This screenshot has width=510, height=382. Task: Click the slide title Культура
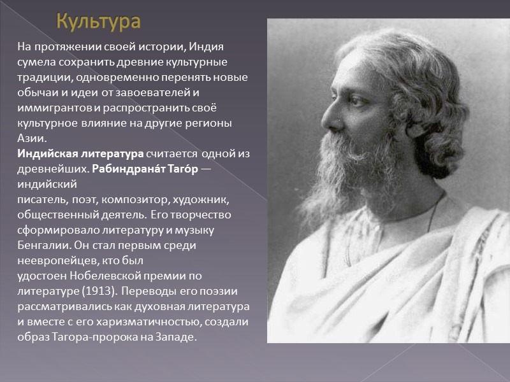(x=98, y=22)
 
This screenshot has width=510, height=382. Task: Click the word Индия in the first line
(x=205, y=48)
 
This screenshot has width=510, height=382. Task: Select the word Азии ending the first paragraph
(x=32, y=138)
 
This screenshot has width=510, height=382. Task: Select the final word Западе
(x=173, y=337)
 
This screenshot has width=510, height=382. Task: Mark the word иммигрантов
(x=54, y=108)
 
